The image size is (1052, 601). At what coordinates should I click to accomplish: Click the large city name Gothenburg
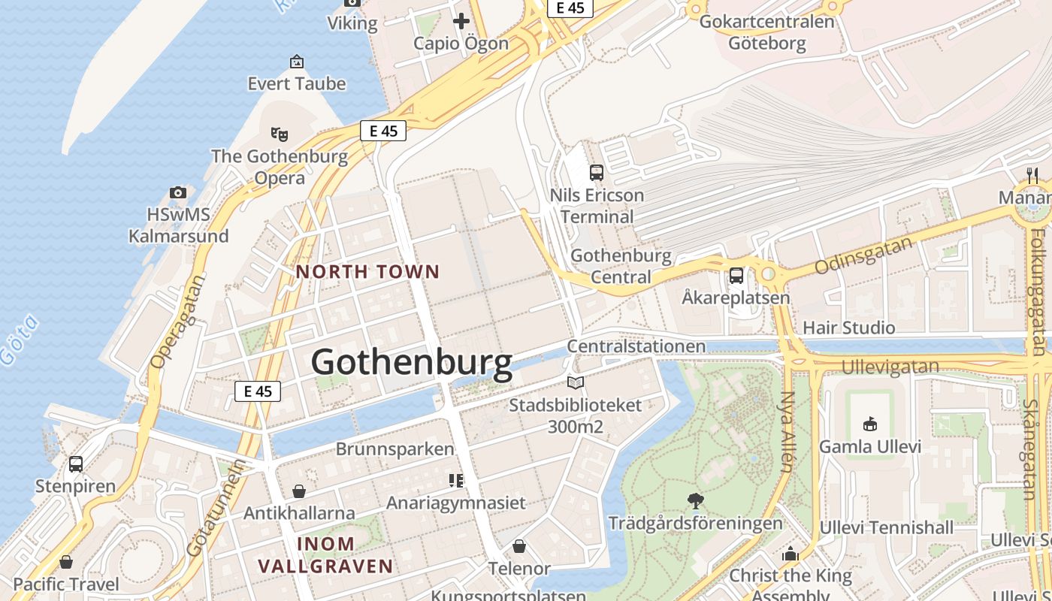(412, 362)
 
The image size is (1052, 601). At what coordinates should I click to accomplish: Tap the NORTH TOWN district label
(367, 271)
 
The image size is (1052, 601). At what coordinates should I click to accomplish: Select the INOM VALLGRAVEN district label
(325, 554)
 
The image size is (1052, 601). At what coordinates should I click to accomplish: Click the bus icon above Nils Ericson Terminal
(597, 173)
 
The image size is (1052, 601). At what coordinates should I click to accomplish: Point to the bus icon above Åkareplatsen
(736, 276)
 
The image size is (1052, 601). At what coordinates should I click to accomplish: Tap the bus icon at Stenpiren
(76, 464)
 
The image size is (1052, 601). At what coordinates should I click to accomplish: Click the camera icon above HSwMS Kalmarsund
(178, 193)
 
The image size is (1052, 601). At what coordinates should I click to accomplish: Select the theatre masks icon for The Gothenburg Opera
(280, 134)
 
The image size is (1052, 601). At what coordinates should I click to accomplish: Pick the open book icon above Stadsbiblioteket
(576, 383)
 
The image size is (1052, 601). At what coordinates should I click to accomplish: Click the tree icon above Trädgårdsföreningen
(696, 500)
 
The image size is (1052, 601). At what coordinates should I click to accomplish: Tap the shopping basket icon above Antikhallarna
(299, 491)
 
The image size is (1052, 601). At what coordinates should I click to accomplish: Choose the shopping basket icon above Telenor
(519, 546)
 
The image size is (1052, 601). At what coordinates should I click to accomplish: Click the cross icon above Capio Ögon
(461, 21)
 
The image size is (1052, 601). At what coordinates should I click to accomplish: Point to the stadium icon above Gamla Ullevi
(870, 424)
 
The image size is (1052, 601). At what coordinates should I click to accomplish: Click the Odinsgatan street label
(863, 255)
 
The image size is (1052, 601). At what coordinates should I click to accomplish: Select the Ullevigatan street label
(890, 367)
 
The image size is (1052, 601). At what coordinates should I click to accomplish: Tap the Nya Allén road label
(787, 432)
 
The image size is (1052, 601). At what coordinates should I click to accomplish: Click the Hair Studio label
(848, 328)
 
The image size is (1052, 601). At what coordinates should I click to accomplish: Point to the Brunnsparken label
(394, 449)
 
